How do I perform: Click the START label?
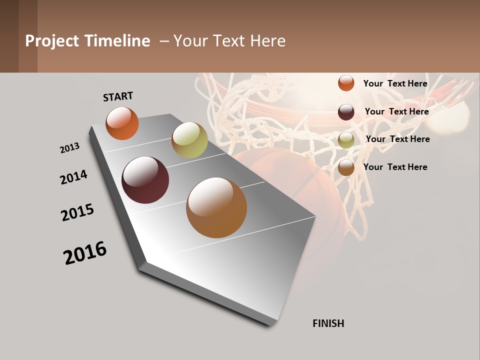pos(118,96)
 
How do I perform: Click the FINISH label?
pos(328,323)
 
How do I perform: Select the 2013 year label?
pos(69,148)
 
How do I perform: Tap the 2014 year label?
pos(73,177)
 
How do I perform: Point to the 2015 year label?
pos(77,212)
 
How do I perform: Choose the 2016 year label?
pos(85,253)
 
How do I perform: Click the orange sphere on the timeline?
pos(122,123)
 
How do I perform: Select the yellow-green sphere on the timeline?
pos(189,140)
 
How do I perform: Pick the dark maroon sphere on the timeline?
pos(145,180)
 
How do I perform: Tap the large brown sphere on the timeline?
pos(216,207)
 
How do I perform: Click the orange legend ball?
pos(346,83)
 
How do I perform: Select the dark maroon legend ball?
pos(346,112)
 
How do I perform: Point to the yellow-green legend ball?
pos(346,140)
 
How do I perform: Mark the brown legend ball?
pos(346,167)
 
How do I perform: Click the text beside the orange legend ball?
pos(395,83)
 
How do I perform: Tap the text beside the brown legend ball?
pos(395,167)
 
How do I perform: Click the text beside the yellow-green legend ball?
pos(397,139)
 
